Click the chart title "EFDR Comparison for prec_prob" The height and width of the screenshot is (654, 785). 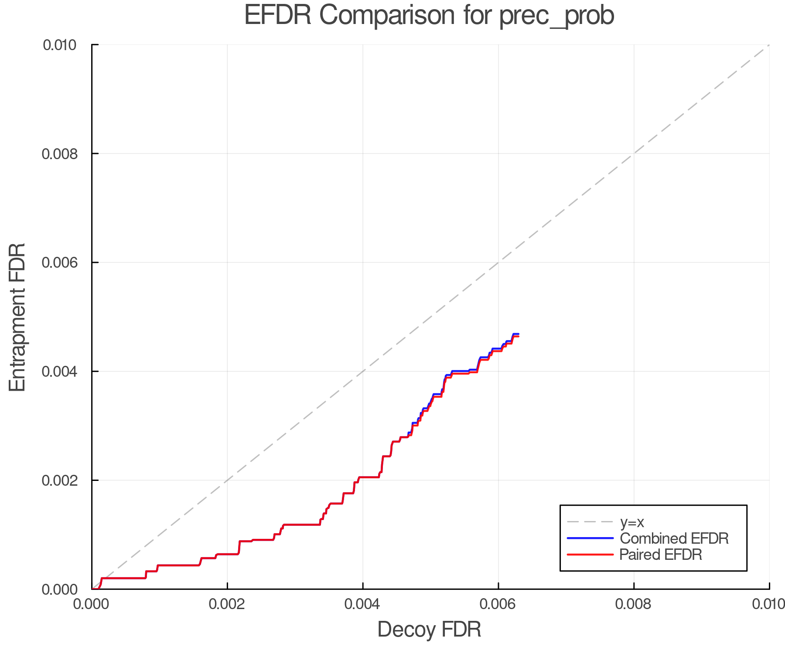(x=429, y=16)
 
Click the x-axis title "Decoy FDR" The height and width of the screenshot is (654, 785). (x=429, y=630)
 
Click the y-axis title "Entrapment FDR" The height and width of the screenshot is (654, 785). (x=17, y=317)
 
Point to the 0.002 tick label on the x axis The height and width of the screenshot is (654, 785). (x=227, y=604)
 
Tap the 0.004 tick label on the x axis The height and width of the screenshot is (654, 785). (x=363, y=604)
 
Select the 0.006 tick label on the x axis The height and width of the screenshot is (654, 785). (x=498, y=604)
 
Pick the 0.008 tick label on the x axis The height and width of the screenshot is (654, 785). (x=634, y=604)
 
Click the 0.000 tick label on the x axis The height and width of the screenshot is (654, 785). (x=92, y=604)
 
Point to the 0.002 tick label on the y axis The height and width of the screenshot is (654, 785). (x=59, y=480)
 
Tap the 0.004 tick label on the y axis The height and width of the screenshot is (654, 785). (x=59, y=371)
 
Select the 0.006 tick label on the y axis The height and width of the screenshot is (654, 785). (x=59, y=262)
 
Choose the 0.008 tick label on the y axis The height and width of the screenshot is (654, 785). (x=59, y=153)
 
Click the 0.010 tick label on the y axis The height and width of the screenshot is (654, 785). (x=59, y=45)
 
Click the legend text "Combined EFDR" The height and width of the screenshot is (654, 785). (x=674, y=538)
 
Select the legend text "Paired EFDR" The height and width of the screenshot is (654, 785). (x=661, y=555)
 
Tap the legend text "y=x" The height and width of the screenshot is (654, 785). (x=632, y=522)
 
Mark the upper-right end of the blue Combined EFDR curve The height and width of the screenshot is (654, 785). (x=518, y=334)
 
